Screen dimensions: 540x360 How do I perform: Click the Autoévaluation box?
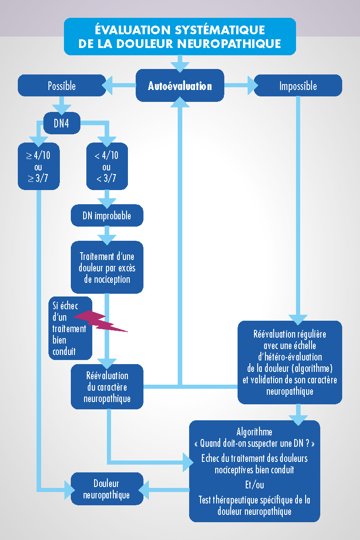click(180, 85)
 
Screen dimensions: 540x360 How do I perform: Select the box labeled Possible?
click(61, 86)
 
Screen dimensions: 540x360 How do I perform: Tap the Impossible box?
click(298, 86)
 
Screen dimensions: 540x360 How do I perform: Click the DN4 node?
click(62, 122)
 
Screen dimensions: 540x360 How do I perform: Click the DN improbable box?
click(107, 216)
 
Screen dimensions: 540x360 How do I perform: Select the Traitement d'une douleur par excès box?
click(107, 267)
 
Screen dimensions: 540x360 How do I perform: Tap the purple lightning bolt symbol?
click(101, 320)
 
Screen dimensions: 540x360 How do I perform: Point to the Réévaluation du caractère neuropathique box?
click(107, 387)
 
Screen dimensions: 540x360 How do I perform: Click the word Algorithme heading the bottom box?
click(254, 432)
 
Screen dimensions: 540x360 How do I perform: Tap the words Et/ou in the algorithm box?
click(254, 485)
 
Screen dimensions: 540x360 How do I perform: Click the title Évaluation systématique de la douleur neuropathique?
click(180, 36)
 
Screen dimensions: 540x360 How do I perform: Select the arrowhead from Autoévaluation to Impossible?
click(252, 85)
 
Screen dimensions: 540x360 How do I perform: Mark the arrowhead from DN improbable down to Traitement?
click(107, 238)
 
